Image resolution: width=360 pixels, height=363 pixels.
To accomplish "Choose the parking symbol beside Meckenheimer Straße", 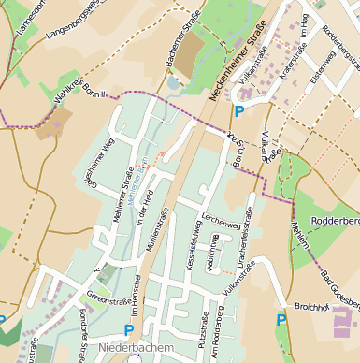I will click(239, 111).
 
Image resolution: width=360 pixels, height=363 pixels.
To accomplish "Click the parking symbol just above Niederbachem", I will click(129, 329).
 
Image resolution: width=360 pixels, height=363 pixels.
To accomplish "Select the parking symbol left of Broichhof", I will click(281, 320).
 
